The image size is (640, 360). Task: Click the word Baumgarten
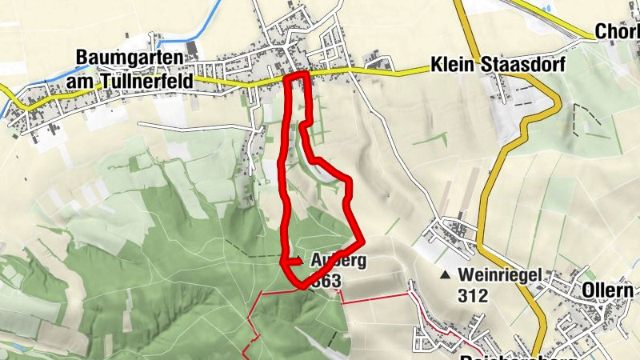[x=128, y=58]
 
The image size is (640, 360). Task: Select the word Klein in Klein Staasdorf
[x=450, y=64]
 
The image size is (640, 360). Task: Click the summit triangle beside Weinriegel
[x=446, y=275]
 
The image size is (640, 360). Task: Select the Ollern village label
[x=613, y=290]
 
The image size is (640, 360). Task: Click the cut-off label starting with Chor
[x=617, y=32]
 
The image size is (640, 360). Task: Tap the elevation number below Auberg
[x=327, y=281]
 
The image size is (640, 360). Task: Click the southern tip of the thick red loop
[x=301, y=285]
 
